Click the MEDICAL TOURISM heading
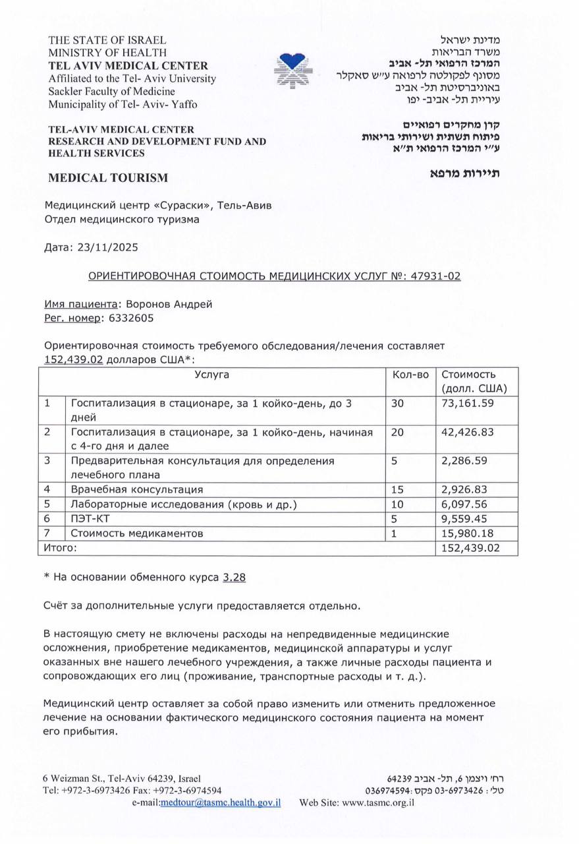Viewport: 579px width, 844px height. point(108,177)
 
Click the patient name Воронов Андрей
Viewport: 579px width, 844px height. point(169,303)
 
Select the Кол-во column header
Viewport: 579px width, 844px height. point(410,375)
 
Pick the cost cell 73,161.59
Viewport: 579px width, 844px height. point(468,403)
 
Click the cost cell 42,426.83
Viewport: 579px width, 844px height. point(468,432)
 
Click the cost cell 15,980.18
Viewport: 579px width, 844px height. point(468,533)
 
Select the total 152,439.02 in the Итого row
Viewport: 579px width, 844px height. point(471,548)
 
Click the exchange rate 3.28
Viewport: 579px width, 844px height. point(234,577)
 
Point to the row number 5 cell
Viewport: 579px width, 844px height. point(47,504)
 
